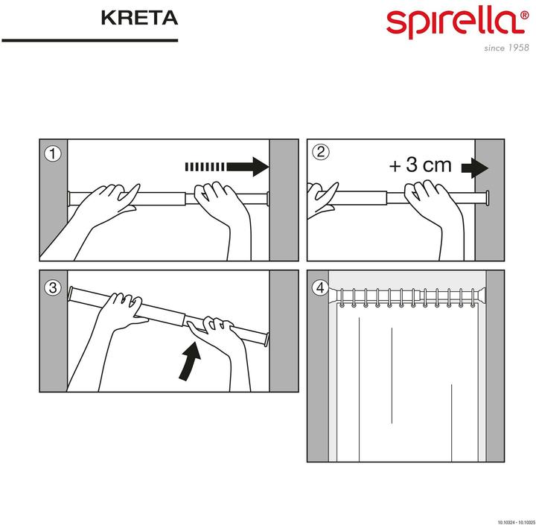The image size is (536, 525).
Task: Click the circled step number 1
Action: (x=51, y=153)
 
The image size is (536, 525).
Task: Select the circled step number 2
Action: (x=321, y=153)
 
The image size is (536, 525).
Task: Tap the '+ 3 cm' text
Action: (x=420, y=165)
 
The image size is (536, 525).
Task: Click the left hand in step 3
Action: (x=119, y=313)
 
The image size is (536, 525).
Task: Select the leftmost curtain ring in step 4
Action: (x=344, y=300)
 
